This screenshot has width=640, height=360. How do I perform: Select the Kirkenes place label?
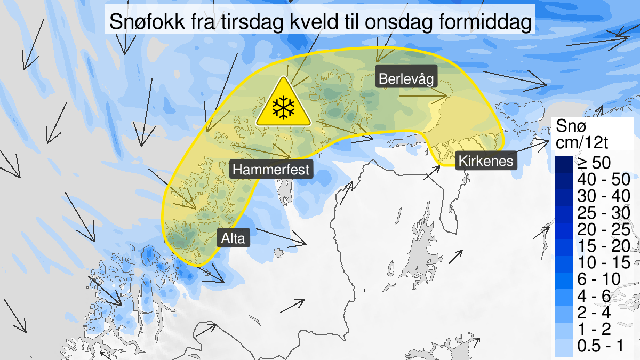coord(486,160)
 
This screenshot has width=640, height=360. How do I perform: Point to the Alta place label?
coord(233,238)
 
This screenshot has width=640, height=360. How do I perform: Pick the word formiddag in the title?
coord(489,23)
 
